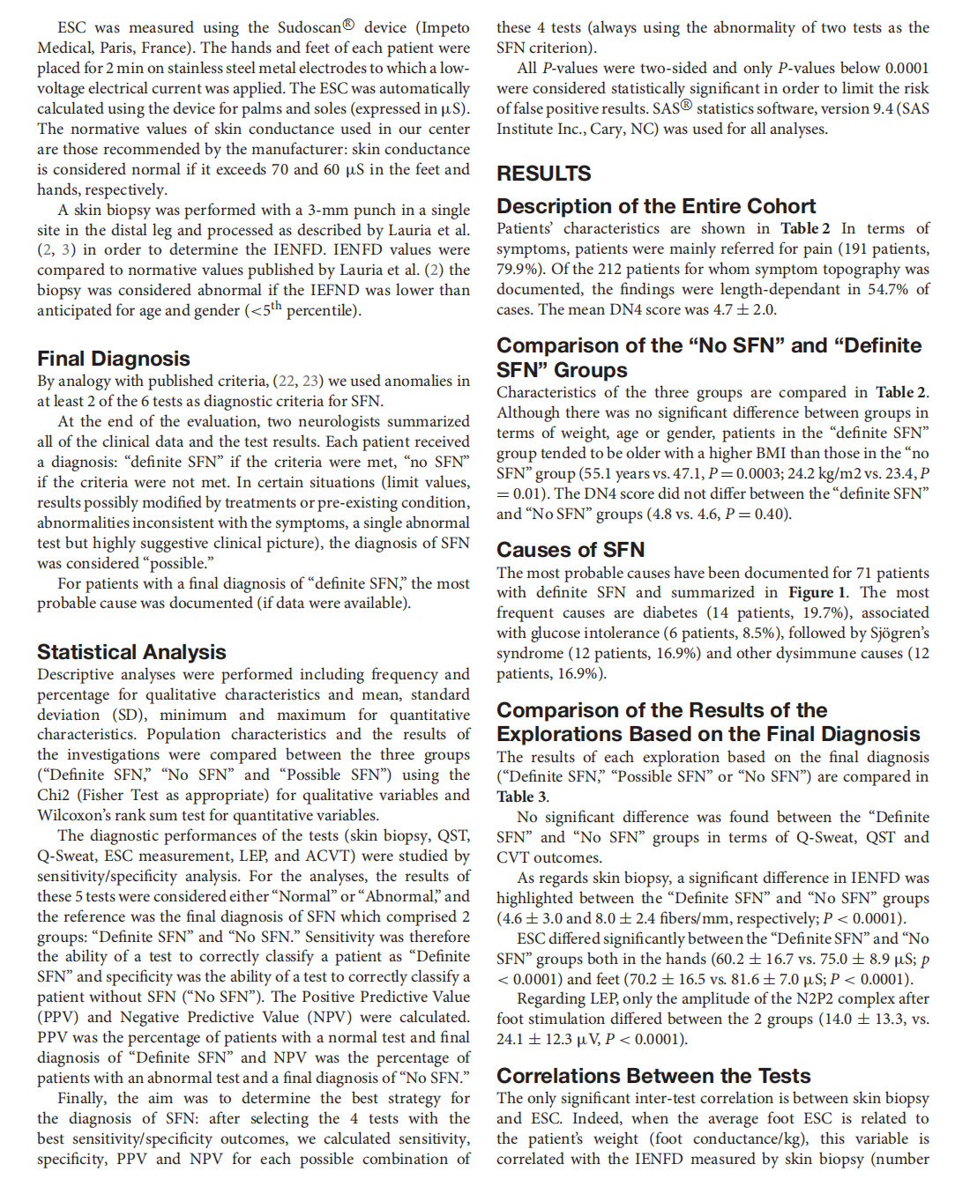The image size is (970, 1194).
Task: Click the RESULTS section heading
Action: click(x=543, y=174)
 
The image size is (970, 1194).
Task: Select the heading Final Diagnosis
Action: click(x=114, y=359)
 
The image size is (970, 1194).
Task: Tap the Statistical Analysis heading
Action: click(x=131, y=652)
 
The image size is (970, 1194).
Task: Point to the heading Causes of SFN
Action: click(x=570, y=550)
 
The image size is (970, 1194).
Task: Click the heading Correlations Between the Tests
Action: click(x=653, y=1076)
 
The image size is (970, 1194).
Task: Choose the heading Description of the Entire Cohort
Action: click(x=656, y=206)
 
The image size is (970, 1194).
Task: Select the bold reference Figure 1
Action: click(x=817, y=592)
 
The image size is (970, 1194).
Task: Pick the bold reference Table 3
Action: click(x=521, y=797)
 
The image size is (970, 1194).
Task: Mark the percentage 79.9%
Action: click(x=517, y=269)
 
